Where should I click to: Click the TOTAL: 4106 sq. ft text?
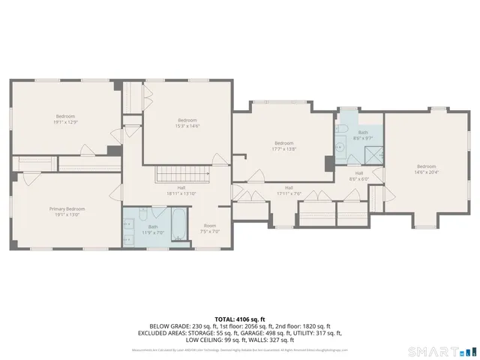click(240, 319)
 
